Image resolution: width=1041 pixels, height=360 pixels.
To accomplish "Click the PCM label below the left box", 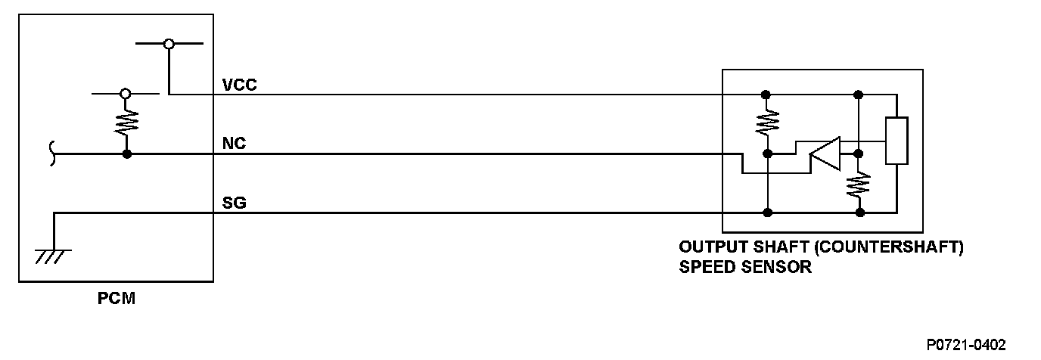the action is coord(117,299).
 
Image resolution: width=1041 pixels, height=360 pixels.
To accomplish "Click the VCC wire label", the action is coord(240,85).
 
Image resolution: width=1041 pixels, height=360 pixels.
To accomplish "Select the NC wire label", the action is coord(235,144).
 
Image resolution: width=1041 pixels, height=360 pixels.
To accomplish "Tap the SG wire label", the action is coord(235,203).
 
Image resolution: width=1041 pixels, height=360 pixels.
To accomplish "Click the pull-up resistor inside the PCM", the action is coord(126,123).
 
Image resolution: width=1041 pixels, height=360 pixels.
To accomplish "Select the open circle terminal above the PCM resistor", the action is coord(126,94).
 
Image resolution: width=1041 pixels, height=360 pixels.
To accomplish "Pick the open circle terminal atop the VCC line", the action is coord(169,44).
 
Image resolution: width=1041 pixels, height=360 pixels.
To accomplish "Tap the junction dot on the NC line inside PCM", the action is coord(126,154).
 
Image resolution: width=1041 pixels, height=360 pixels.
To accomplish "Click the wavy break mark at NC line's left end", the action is coord(50,154).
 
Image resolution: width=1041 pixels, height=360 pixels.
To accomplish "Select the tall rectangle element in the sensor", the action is coord(897,141).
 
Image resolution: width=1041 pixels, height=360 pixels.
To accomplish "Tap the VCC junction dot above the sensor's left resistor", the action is coord(766,95).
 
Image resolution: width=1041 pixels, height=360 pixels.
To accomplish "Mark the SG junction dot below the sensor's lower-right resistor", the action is coord(859,213).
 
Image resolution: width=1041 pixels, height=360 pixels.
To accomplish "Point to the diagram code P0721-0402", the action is coord(966,344).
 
